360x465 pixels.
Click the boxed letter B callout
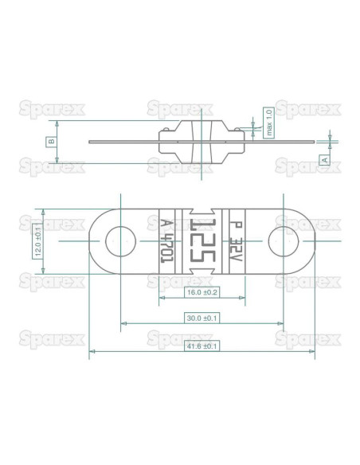pos(51,142)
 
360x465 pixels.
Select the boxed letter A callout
pos(324,159)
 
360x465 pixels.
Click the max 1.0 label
pos(269,122)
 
